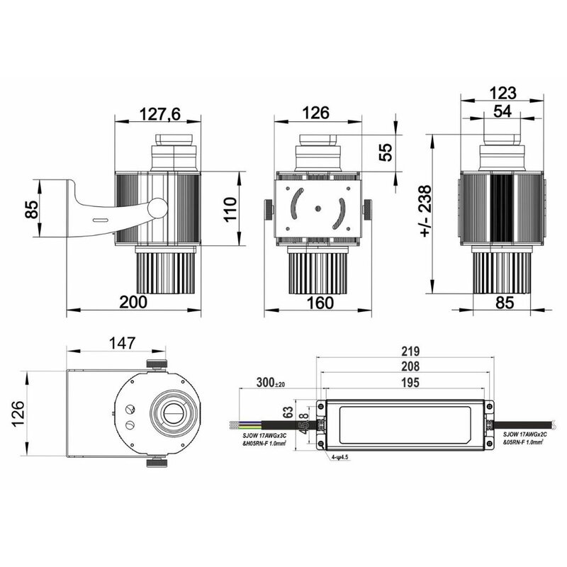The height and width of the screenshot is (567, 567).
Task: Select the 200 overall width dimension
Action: (x=133, y=302)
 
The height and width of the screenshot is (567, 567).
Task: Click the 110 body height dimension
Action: (x=229, y=210)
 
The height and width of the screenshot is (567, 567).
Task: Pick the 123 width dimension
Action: (x=503, y=93)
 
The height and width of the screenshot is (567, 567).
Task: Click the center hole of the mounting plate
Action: (x=317, y=208)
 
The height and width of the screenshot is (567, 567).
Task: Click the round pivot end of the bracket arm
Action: (x=157, y=208)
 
